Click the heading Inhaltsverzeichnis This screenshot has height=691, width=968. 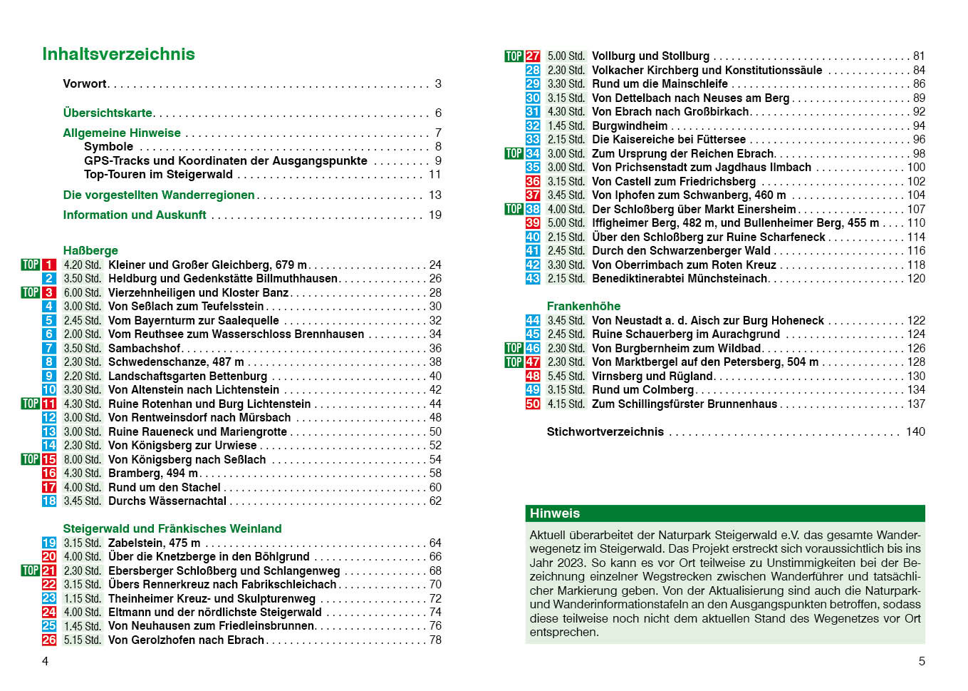click(x=118, y=54)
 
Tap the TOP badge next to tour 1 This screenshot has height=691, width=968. click(x=31, y=265)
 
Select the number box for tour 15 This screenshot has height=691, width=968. click(x=49, y=460)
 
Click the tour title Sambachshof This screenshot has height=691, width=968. click(x=145, y=348)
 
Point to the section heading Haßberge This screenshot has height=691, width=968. click(x=90, y=250)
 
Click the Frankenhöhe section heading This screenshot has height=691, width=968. click(x=583, y=306)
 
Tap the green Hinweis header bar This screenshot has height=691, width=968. click(x=725, y=513)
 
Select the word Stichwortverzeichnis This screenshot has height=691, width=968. click(x=605, y=431)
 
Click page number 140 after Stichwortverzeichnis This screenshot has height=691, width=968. click(x=915, y=431)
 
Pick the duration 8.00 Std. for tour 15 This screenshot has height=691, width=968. click(x=83, y=460)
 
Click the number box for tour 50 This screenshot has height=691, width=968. click(x=533, y=404)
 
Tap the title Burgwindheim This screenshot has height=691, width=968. click(x=630, y=126)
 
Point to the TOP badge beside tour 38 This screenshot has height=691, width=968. click(x=514, y=209)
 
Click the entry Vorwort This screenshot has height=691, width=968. click(x=85, y=83)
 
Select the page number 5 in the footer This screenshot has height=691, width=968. click(x=922, y=661)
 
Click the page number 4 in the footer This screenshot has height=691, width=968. click(x=45, y=661)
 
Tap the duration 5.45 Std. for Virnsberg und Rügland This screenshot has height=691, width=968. click(x=566, y=377)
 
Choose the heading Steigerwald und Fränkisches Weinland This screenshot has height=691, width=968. click(x=172, y=528)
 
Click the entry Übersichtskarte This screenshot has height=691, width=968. click(x=108, y=113)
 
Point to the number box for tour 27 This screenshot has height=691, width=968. click(x=533, y=56)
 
